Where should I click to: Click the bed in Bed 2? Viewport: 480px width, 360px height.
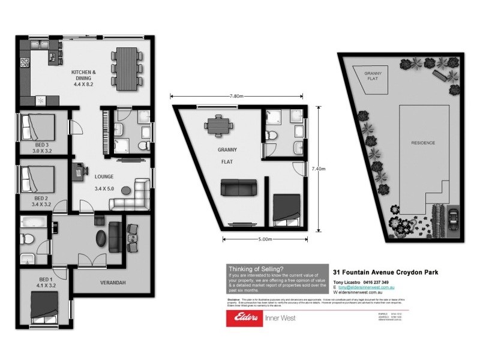[x=38, y=178]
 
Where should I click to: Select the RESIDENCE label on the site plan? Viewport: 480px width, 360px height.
[x=423, y=143]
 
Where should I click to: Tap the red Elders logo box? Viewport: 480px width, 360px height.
[x=244, y=318]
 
